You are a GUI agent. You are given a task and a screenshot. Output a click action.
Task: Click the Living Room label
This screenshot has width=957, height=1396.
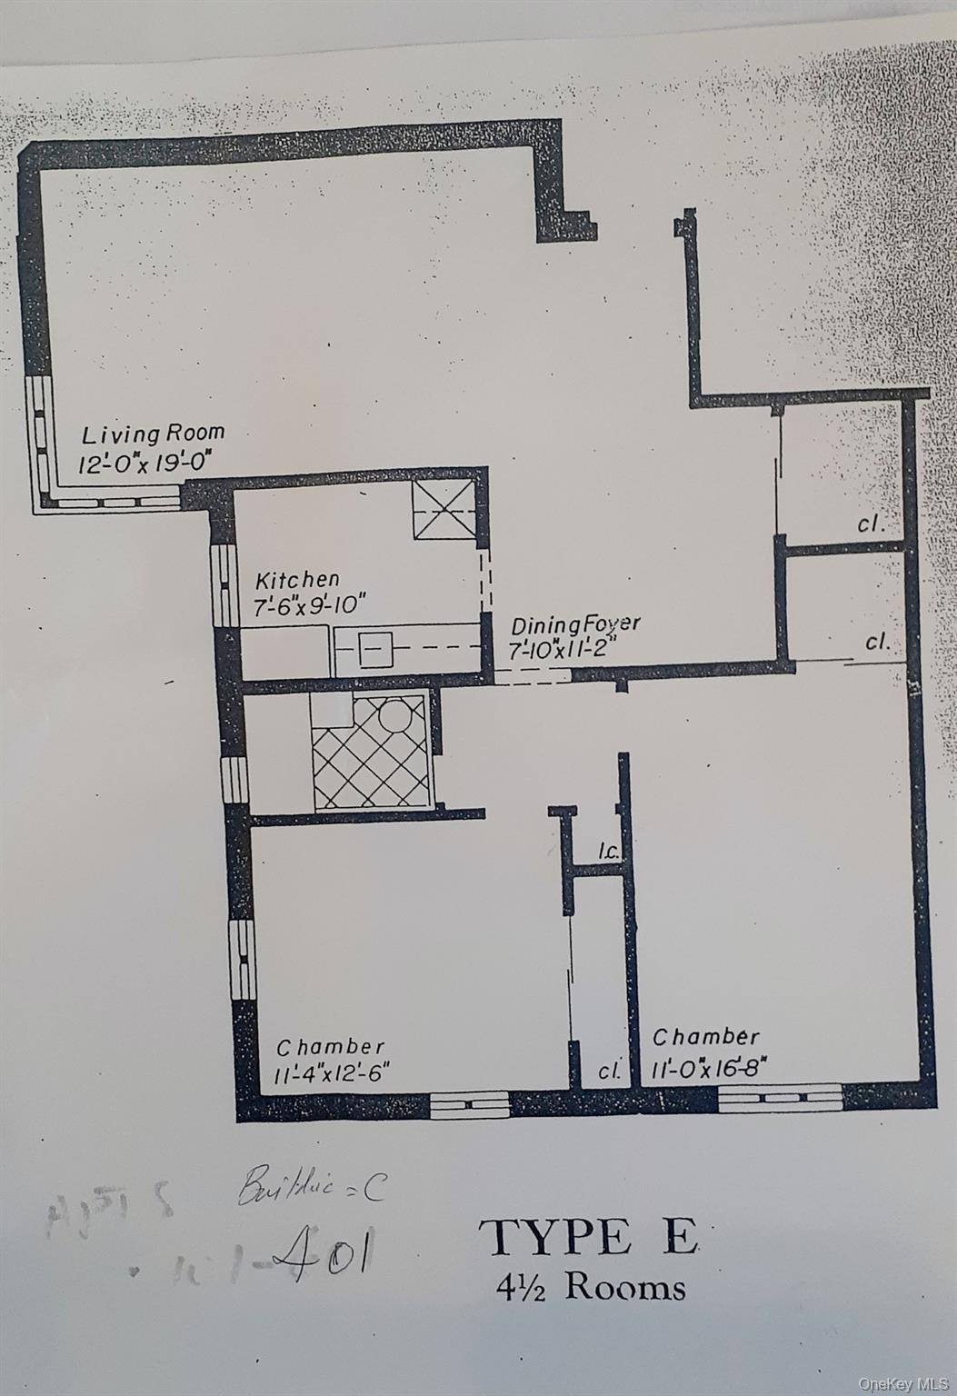153,434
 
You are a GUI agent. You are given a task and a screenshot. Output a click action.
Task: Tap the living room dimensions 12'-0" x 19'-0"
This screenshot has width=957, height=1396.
146,464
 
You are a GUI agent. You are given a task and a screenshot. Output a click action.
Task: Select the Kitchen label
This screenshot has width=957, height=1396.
297,579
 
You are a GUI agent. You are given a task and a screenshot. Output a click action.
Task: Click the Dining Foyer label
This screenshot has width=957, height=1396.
575,625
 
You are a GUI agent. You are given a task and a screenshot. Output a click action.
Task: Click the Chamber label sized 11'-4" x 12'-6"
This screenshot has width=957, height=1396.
330,1047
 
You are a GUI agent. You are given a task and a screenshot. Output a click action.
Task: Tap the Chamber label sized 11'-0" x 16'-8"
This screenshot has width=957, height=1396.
706,1037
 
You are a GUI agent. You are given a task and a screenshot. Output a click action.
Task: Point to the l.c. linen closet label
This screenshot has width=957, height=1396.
608,853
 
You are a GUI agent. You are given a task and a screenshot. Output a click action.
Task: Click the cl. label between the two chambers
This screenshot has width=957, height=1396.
608,1071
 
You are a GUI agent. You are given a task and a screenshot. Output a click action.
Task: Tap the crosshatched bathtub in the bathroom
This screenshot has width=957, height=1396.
371,752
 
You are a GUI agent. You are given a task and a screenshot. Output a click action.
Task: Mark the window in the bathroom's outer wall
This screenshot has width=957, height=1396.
234,780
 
